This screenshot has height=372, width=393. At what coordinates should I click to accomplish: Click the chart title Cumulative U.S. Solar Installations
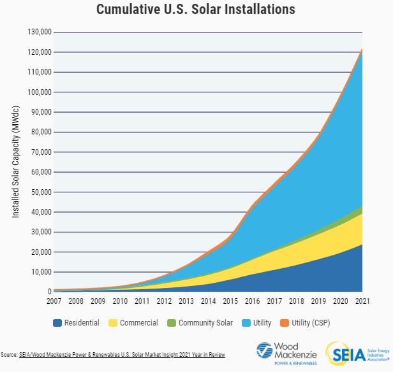[196, 10]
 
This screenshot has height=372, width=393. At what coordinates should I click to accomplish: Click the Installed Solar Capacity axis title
[16, 162]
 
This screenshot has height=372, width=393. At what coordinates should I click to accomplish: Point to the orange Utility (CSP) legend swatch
[285, 323]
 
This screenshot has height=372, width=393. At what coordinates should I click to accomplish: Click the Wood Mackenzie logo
[285, 354]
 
